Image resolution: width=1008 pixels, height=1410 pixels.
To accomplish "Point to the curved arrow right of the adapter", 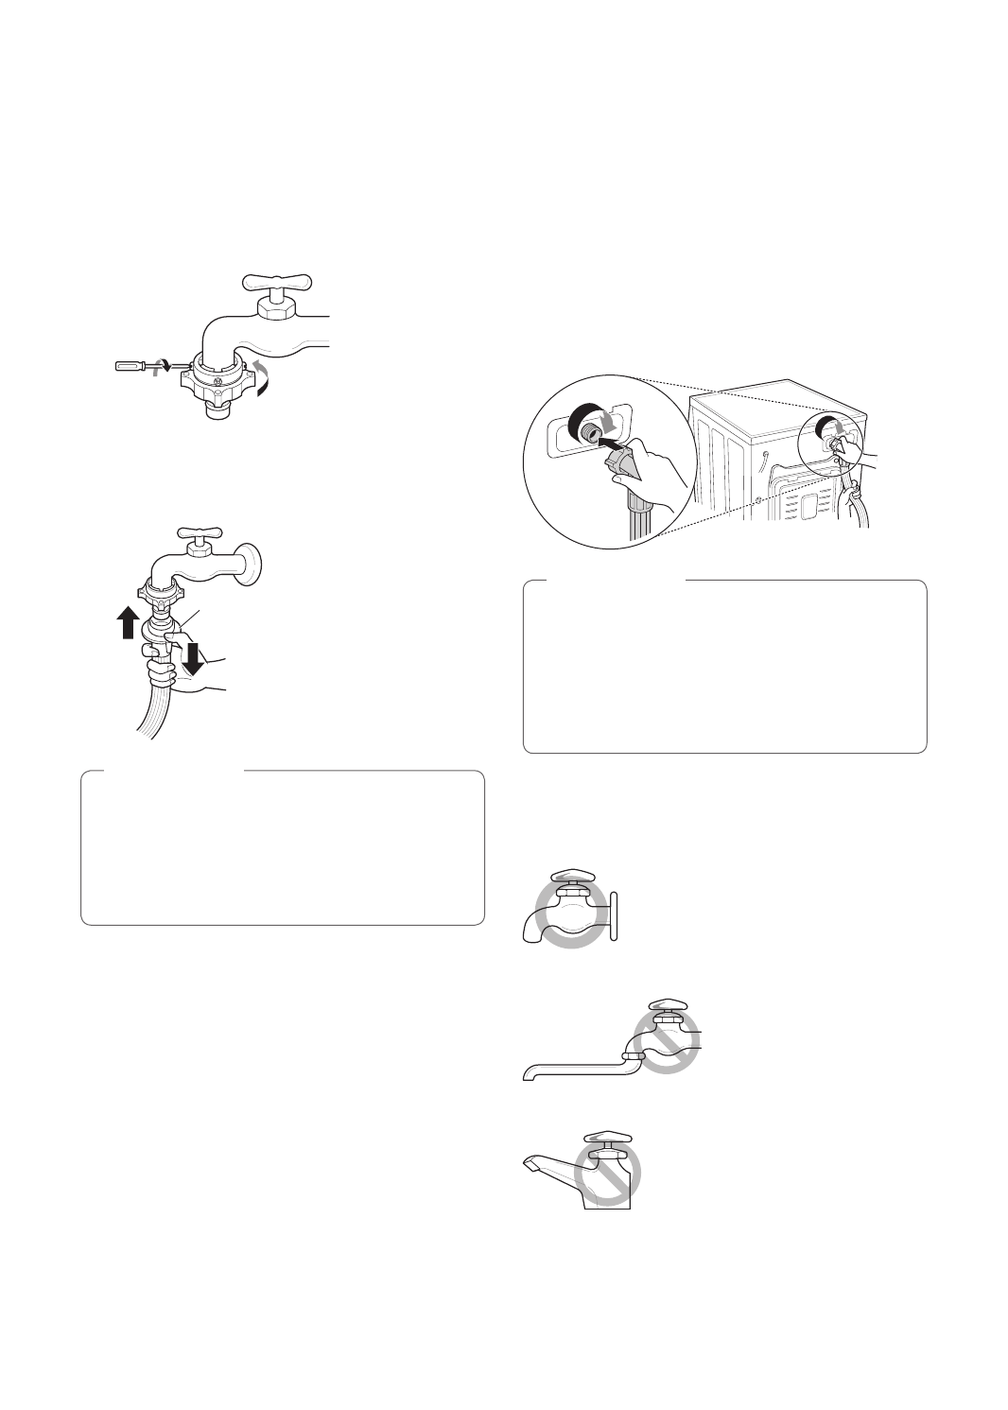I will pyautogui.click(x=261, y=378).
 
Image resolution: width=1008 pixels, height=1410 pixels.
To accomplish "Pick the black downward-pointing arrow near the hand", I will pyautogui.click(x=193, y=657).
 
